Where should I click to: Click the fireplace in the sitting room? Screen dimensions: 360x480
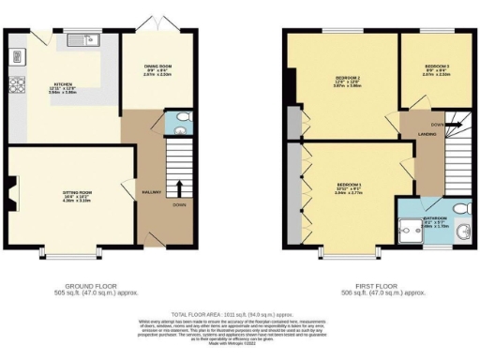pyautogui.click(x=11, y=196)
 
